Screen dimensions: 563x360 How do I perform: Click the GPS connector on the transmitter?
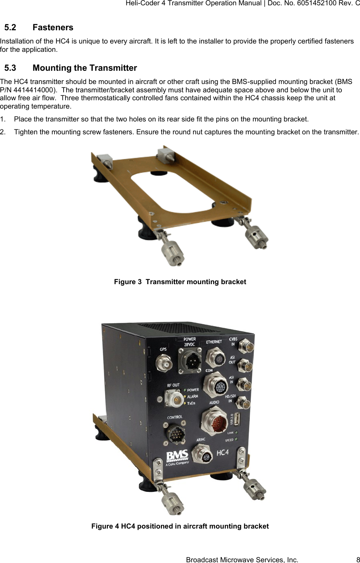point(164,364)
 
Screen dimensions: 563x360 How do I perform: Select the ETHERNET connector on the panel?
point(216,357)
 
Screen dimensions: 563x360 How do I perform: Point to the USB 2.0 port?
point(237,419)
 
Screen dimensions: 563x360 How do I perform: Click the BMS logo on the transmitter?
point(177,457)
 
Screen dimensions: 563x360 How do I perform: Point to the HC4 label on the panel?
point(222,453)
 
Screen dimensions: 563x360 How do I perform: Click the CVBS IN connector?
point(246,347)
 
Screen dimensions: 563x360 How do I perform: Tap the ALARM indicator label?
point(192,397)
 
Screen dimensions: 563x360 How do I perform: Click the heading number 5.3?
point(10,68)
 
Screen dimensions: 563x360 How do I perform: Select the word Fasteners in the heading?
point(53,28)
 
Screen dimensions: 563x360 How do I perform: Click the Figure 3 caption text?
point(180,282)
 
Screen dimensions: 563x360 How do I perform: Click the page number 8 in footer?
point(357,560)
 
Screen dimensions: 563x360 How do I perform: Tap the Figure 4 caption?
point(180,526)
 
